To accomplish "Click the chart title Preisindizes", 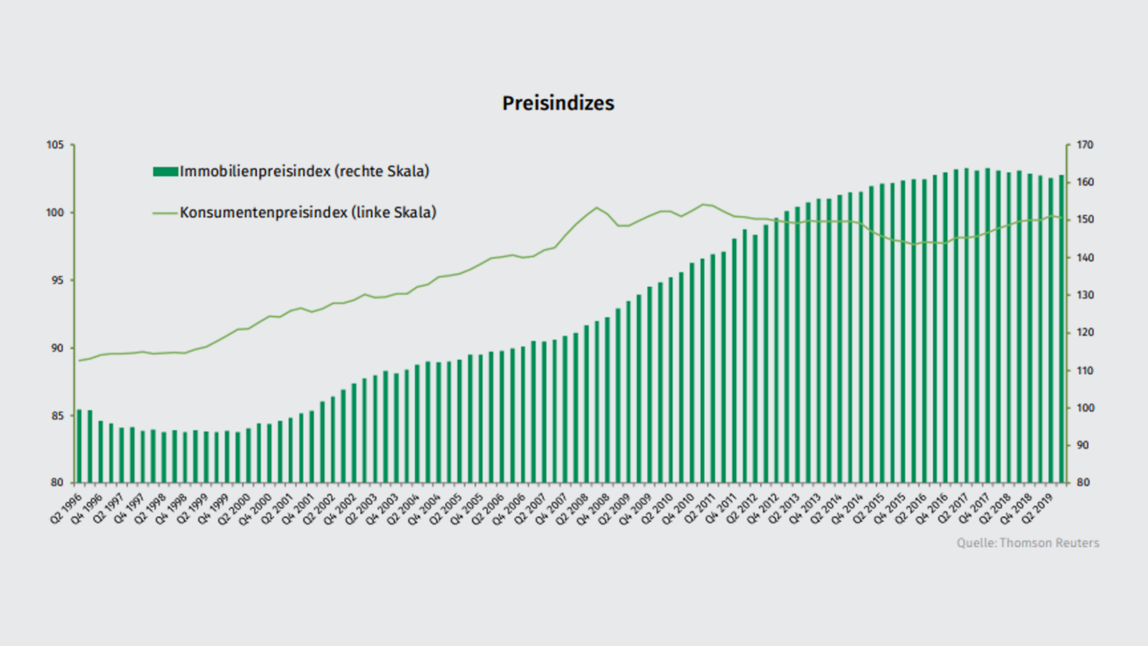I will click(558, 103).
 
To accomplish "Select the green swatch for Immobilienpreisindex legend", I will click(165, 172).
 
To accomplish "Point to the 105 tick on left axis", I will click(55, 145).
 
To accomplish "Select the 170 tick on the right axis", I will click(1085, 145).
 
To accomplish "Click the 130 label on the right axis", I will click(1085, 295).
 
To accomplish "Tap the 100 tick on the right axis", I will click(1085, 408).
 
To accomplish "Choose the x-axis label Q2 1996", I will click(66, 509).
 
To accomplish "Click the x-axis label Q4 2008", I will click(593, 509).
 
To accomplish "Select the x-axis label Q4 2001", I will click(298, 509).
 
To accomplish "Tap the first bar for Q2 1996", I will click(79, 446).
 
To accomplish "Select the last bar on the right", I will click(1061, 329).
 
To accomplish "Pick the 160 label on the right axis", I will click(1085, 182).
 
